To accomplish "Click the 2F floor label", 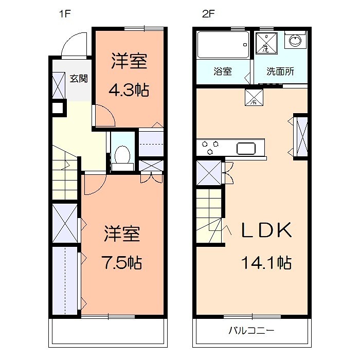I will pos(207,14).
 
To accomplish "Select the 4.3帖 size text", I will pos(129,91).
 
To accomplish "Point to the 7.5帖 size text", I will pos(121,263).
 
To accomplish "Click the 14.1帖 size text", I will pos(266,263).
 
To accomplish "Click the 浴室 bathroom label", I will pos(223,71).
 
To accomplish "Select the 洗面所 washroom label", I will pos(280,71).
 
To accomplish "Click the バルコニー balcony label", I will pos(252,331).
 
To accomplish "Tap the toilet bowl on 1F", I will pos(122,154).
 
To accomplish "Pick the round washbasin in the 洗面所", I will pos(295,41).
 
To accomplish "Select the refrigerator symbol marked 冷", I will pos(254,97).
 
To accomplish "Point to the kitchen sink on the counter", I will pos(247,149).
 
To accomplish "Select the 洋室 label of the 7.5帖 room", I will pos(122,234).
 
